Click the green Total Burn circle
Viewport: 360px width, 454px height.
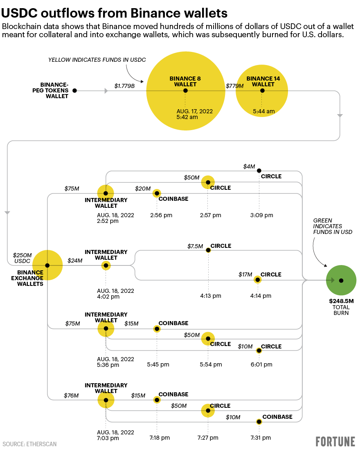[x=341, y=280]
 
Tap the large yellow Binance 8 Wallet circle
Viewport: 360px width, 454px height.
[x=185, y=91]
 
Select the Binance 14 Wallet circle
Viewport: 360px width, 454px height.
[x=262, y=90]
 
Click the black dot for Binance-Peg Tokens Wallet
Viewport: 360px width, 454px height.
[x=75, y=90]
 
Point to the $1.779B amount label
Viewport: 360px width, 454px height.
[x=125, y=86]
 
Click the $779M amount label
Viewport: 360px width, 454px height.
[x=235, y=86]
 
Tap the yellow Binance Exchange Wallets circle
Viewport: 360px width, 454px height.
[x=47, y=265]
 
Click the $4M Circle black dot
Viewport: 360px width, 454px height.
[x=259, y=171]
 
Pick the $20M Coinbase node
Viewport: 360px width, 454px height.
[x=157, y=193]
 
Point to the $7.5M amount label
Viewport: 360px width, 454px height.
[x=195, y=246]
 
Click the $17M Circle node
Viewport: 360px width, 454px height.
[x=257, y=280]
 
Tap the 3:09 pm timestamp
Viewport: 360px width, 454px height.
[x=262, y=215]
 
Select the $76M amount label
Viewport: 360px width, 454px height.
[x=71, y=396]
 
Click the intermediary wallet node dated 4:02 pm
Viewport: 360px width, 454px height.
[x=106, y=265]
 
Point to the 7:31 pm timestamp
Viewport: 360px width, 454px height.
[x=261, y=438]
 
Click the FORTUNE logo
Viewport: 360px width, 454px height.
[x=335, y=442]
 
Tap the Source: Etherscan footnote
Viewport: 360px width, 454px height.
[x=29, y=444]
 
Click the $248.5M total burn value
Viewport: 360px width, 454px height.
[x=341, y=301]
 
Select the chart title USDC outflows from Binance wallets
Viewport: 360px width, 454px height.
[x=114, y=13]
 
